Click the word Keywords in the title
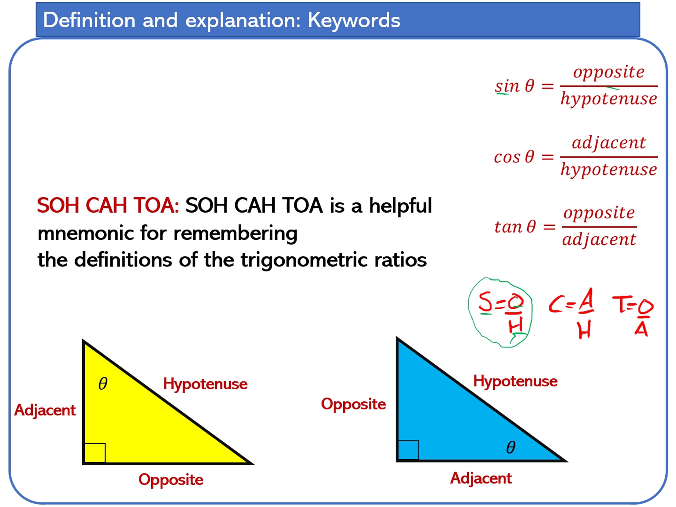click(353, 21)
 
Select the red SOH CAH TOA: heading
click(108, 205)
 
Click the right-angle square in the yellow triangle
click(95, 453)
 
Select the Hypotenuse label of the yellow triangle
click(205, 384)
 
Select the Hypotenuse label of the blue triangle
click(515, 381)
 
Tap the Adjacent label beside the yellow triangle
click(45, 410)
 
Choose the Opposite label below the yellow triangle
click(171, 480)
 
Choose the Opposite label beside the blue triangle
click(353, 404)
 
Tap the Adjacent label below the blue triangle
click(481, 478)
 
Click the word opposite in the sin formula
click(609, 72)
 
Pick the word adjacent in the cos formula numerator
click(609, 143)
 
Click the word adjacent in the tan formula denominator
click(599, 239)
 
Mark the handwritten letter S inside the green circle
click(485, 302)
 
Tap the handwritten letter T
click(621, 304)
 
